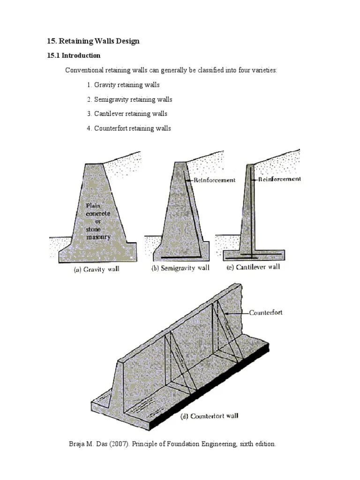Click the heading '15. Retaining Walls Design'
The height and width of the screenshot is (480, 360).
click(x=93, y=41)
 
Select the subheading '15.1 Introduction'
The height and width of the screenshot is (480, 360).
click(x=74, y=55)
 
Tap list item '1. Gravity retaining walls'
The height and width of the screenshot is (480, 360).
click(x=123, y=85)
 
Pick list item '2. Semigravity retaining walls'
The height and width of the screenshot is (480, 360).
click(x=129, y=99)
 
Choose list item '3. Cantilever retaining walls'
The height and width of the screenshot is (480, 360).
click(x=127, y=113)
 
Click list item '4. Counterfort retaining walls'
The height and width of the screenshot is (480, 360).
click(x=129, y=128)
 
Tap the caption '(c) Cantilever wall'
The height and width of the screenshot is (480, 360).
click(x=253, y=267)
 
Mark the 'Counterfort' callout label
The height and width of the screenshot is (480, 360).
click(x=265, y=312)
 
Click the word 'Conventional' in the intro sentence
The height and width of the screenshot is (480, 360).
click(x=83, y=70)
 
